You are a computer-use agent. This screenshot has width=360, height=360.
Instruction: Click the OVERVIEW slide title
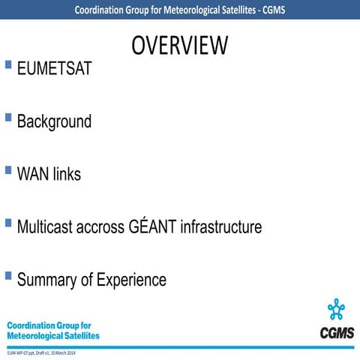[179, 45]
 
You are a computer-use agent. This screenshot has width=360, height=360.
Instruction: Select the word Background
[54, 121]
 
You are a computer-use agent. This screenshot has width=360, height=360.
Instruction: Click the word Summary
[46, 280]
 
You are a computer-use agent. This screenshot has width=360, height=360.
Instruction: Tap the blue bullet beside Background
[8, 117]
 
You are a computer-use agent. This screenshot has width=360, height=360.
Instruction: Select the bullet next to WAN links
[8, 170]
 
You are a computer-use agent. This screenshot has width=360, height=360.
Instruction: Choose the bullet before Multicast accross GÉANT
[8, 223]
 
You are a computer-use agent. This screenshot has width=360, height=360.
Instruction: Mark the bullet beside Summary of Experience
[8, 276]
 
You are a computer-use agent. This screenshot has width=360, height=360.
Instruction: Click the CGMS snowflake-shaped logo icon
[337, 309]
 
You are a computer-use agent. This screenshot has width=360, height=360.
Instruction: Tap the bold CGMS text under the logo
[337, 332]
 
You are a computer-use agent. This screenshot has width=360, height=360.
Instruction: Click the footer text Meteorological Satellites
[52, 336]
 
